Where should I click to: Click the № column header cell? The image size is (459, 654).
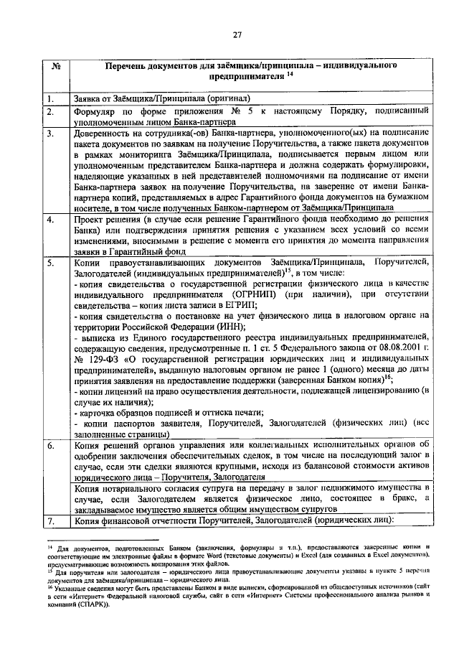pos(57,66)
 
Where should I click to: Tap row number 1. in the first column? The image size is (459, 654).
pos(51,99)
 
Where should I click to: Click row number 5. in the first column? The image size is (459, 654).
pos(51,263)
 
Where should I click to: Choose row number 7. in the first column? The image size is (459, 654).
pos(51,520)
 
